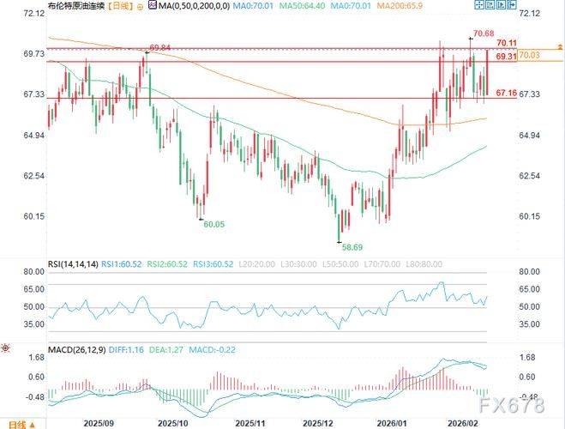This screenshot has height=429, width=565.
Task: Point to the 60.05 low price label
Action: [x=213, y=224]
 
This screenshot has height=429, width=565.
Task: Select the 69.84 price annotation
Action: [x=161, y=47]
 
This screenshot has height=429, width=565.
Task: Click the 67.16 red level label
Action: [x=507, y=92]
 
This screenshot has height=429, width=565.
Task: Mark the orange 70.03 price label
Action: [x=530, y=55]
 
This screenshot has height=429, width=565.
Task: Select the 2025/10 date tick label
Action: [x=172, y=422]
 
